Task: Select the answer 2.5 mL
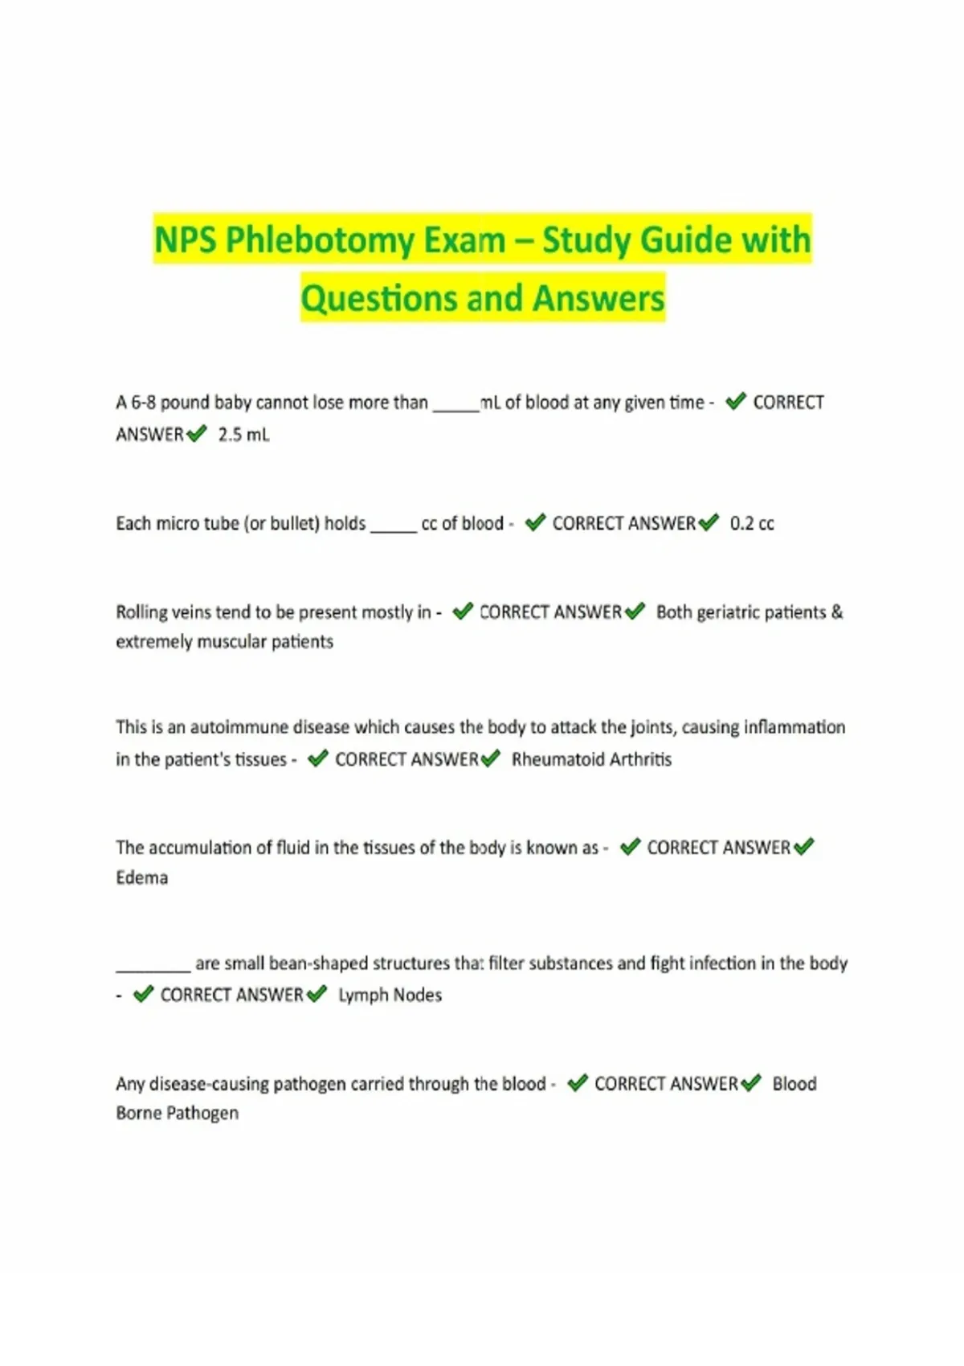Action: pyautogui.click(x=243, y=435)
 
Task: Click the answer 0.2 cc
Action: pyautogui.click(x=752, y=524)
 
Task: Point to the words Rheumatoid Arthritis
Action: pyautogui.click(x=591, y=759)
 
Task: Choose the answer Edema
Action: pyautogui.click(x=142, y=877)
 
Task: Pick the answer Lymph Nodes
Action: pyautogui.click(x=390, y=996)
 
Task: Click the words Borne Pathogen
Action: pyautogui.click(x=178, y=1114)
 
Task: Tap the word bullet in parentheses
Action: pyautogui.click(x=290, y=524)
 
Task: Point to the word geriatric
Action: pyautogui.click(x=728, y=612)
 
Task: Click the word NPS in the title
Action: pyautogui.click(x=185, y=240)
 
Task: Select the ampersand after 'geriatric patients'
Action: pyautogui.click(x=837, y=612)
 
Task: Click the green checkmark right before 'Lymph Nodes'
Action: pyautogui.click(x=317, y=995)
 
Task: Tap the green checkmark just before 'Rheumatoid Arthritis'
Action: pyautogui.click(x=491, y=759)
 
